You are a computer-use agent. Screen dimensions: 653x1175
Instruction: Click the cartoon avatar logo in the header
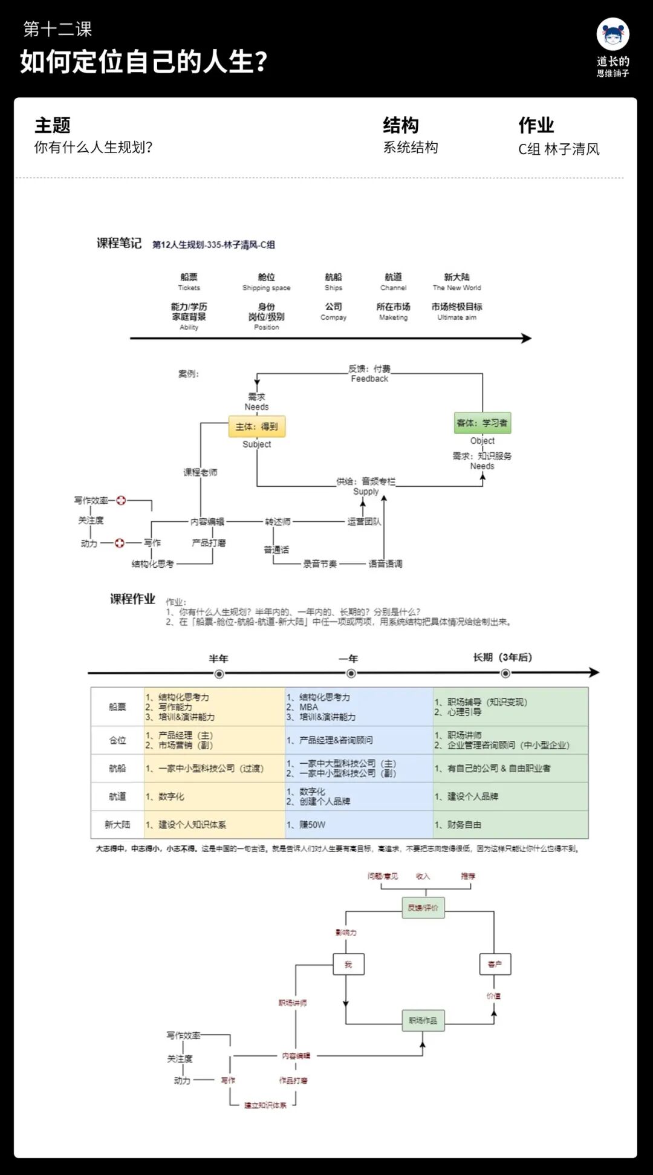(612, 34)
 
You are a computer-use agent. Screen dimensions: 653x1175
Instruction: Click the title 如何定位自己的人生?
(143, 62)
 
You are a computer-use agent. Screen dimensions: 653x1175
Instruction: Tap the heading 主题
(53, 125)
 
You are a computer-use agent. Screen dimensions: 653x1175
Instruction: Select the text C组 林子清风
(559, 149)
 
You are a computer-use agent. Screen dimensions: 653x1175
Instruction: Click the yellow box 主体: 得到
(257, 426)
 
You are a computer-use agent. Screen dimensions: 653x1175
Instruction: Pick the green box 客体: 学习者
(482, 423)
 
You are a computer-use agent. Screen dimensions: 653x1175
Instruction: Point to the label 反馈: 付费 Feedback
(369, 374)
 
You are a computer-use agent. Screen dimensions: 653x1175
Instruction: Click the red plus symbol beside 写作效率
(121, 500)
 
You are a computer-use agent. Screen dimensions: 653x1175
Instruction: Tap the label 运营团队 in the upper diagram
(364, 521)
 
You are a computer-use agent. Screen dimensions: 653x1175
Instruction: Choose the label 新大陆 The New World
(456, 281)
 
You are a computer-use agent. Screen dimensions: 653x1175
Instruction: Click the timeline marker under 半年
(219, 674)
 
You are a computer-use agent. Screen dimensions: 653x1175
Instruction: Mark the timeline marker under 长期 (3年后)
(505, 674)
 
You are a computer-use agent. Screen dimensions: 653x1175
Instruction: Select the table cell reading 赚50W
(312, 824)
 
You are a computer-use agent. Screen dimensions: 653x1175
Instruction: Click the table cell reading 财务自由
(464, 824)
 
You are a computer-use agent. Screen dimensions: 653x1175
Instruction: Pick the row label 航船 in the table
(117, 768)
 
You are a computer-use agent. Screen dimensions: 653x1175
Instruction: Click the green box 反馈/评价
(423, 907)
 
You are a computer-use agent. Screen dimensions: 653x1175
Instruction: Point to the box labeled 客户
(495, 964)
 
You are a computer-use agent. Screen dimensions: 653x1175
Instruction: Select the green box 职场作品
(423, 1020)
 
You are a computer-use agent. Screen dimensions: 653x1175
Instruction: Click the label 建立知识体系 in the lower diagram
(265, 1105)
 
